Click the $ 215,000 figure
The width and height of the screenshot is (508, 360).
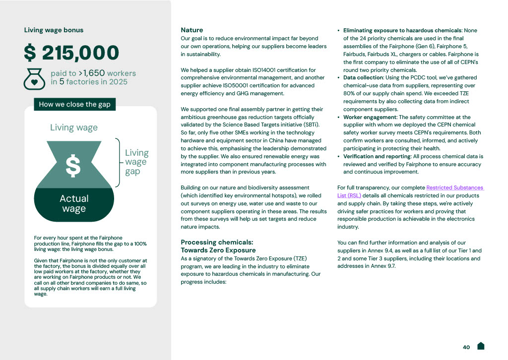(72, 53)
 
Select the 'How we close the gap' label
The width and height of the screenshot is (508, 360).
(74, 104)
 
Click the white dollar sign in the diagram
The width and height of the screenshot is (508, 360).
(73, 167)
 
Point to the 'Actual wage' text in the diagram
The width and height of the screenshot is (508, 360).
(74, 203)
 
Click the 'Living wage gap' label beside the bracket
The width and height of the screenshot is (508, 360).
(136, 162)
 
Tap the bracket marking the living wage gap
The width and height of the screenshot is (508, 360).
(118, 162)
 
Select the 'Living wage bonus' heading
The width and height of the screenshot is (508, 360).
(54, 30)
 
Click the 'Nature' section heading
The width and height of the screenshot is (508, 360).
(191, 30)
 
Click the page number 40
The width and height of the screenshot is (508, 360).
(466, 347)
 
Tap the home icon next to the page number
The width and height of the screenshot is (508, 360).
(481, 346)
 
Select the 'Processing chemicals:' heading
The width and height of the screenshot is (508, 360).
(217, 242)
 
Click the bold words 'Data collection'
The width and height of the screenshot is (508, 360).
(363, 78)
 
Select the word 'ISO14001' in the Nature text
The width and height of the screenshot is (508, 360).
(263, 70)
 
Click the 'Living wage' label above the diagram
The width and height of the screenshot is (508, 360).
(74, 127)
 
